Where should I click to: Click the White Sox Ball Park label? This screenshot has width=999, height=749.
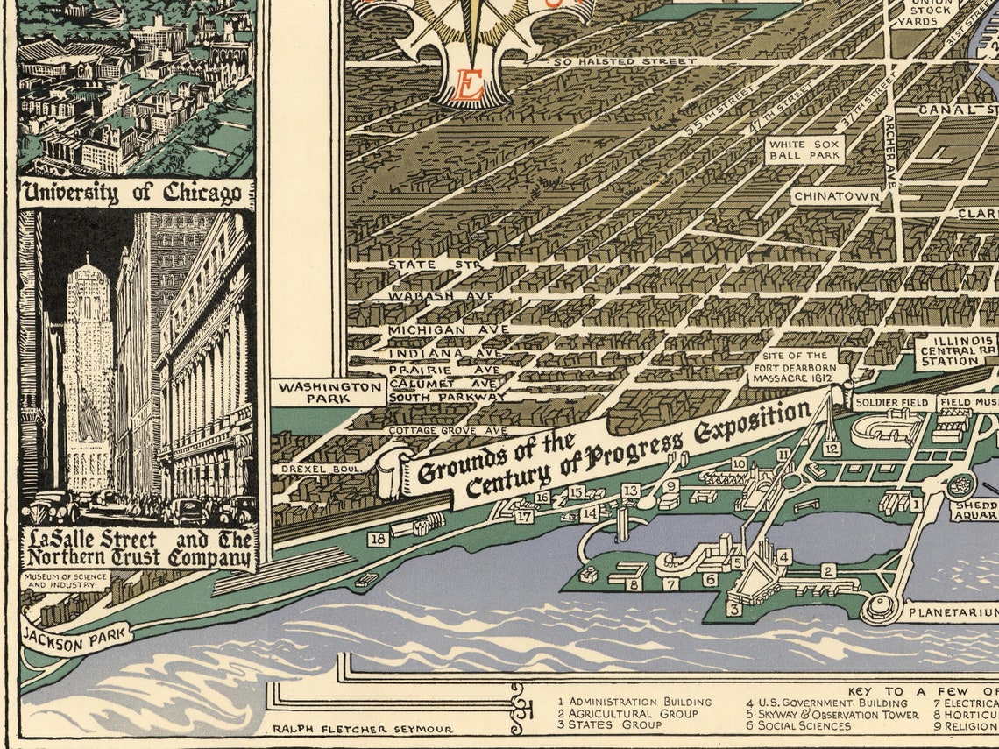(x=804, y=149)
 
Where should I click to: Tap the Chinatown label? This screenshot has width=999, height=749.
(x=836, y=197)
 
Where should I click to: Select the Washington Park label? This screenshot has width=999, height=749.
(x=328, y=392)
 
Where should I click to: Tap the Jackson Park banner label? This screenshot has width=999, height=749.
(x=77, y=637)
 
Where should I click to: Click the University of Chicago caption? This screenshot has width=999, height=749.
(x=136, y=194)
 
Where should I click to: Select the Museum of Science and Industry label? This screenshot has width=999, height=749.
(x=66, y=581)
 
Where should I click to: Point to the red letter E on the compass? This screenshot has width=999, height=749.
(x=471, y=87)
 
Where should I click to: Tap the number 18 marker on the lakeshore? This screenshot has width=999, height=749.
(x=379, y=539)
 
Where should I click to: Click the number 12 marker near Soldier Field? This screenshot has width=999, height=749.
(x=832, y=449)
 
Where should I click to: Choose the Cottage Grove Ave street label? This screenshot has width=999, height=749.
(x=448, y=431)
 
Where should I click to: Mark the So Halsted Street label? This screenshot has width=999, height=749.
(x=625, y=61)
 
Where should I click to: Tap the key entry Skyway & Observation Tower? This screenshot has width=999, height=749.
(x=832, y=714)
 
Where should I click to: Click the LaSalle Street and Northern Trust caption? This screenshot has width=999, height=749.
(x=138, y=548)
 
